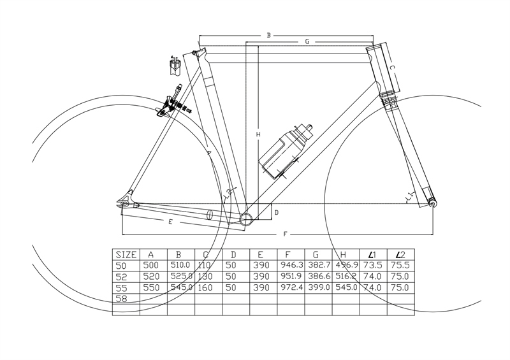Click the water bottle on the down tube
(x=287, y=150)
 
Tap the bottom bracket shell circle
(x=247, y=219)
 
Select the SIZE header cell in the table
(x=125, y=254)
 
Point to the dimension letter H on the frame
(x=258, y=134)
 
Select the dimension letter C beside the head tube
(x=393, y=67)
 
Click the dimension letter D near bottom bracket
(x=276, y=212)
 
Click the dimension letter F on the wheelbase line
(x=284, y=235)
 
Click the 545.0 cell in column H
(x=344, y=287)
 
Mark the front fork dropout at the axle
(x=433, y=203)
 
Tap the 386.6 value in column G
(x=317, y=277)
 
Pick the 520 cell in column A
(x=152, y=277)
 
